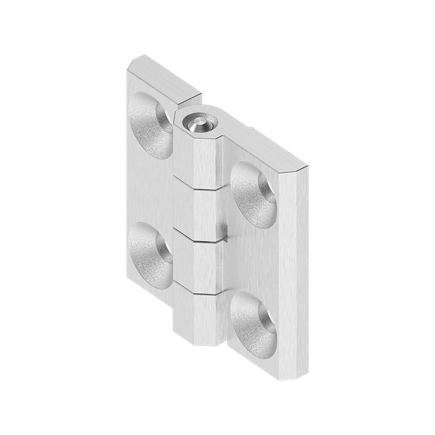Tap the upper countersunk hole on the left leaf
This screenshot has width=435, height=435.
[150, 125]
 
